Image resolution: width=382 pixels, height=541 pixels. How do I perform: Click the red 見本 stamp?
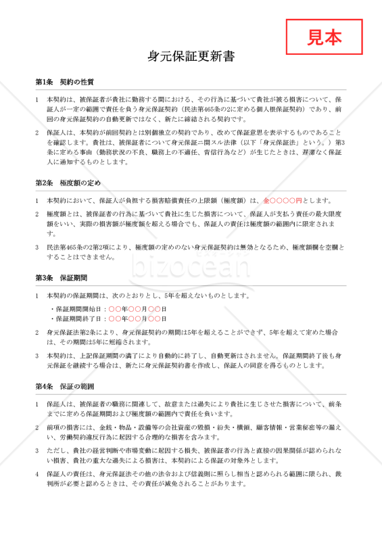(x=325, y=37)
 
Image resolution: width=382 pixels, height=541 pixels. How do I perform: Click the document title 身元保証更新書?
(x=191, y=57)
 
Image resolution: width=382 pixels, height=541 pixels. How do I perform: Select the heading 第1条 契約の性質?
(x=64, y=82)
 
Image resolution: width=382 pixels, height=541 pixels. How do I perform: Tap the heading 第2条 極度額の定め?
(x=68, y=183)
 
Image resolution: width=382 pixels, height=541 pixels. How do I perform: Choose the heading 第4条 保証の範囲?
(x=64, y=386)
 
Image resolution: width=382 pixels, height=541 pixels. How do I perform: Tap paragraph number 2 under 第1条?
(x=37, y=133)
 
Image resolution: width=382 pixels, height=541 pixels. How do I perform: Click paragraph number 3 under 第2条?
(x=37, y=248)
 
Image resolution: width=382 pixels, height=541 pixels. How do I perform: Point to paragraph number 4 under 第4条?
(x=37, y=473)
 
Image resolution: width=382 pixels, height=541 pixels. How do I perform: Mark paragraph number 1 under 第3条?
(x=37, y=296)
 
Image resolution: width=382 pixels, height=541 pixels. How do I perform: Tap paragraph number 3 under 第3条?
(x=37, y=356)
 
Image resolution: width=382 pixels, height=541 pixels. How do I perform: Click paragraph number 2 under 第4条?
(x=37, y=428)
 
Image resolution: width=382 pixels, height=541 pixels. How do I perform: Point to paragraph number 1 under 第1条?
(x=37, y=99)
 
